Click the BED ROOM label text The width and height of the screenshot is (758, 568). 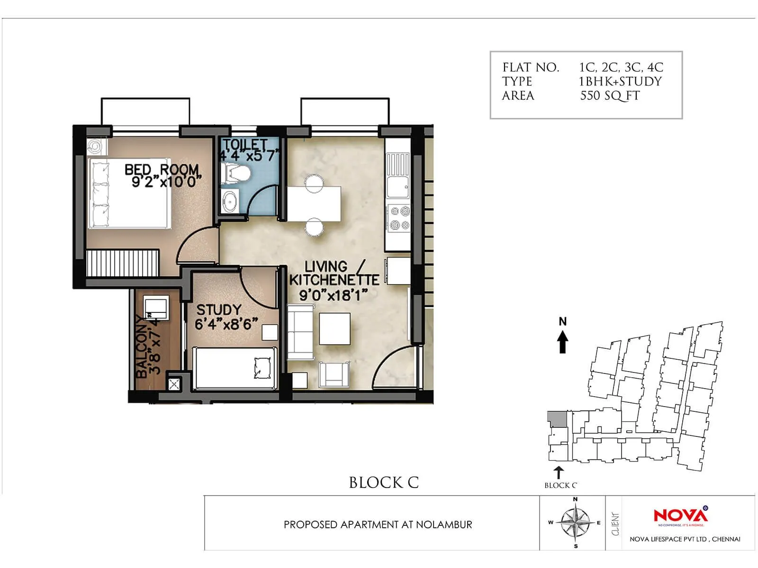(162, 169)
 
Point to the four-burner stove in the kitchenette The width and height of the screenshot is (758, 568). (399, 218)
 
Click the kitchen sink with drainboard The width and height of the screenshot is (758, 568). (398, 175)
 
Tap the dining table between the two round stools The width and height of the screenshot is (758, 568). (314, 204)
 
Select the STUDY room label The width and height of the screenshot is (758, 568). (219, 310)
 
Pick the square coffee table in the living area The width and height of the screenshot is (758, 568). (334, 328)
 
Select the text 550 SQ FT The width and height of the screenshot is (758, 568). (610, 96)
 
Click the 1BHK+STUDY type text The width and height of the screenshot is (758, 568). (620, 81)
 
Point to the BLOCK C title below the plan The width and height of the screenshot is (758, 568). (384, 483)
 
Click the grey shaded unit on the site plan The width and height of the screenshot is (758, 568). (557, 419)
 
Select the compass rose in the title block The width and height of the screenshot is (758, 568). (575, 523)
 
